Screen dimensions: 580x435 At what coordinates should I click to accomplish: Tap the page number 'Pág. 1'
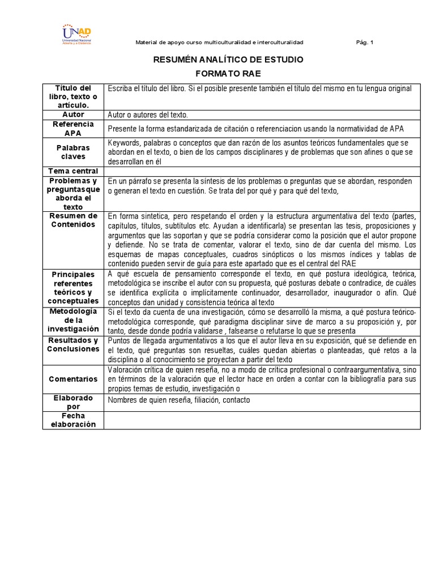[x=365, y=42]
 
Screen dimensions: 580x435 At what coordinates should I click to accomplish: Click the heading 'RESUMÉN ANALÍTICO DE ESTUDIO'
[x=229, y=59]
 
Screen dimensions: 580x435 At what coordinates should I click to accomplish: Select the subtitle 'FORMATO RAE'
[x=229, y=74]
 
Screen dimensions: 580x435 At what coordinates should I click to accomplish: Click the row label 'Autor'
[x=73, y=114]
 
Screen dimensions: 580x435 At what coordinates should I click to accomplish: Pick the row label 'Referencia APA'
[x=73, y=128]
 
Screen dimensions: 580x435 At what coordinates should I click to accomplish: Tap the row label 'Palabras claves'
[x=73, y=152]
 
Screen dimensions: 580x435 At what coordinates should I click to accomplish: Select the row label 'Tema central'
[x=73, y=171]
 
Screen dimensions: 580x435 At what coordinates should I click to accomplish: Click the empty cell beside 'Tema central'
[x=262, y=171]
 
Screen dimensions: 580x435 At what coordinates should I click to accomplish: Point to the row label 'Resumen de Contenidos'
[x=73, y=220]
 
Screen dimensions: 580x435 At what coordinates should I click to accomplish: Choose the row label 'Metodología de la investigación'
[x=73, y=320]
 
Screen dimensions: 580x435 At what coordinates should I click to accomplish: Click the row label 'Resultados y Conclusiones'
[x=73, y=344]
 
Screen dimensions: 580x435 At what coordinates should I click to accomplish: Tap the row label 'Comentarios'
[x=73, y=379]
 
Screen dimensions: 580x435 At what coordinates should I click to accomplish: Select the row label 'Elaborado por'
[x=73, y=402]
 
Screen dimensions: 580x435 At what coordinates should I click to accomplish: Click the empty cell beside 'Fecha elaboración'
[x=262, y=420]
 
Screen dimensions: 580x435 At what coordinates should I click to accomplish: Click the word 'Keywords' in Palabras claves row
[x=123, y=143]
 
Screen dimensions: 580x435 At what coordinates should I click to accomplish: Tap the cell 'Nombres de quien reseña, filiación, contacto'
[x=178, y=400]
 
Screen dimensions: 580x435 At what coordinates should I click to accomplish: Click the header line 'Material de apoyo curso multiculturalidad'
[x=220, y=42]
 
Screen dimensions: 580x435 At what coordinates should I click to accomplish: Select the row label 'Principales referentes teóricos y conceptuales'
[x=73, y=288]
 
